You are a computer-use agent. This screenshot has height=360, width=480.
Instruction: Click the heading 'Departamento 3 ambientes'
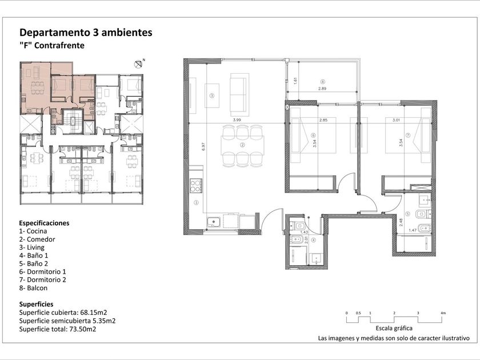pos(86,33)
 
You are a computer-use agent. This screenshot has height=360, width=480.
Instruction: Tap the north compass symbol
pos(139,64)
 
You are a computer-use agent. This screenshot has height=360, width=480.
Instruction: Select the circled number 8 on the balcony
pos(322,82)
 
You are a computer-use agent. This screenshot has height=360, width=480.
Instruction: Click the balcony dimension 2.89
pos(322,89)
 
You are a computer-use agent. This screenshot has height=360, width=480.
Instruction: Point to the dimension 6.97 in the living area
pos(203,146)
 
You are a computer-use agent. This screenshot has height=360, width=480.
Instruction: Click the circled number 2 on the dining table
pos(242,145)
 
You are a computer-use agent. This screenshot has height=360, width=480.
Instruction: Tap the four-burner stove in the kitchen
pos(196,186)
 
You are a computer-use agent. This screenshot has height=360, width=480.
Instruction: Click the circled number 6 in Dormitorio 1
pos(313,135)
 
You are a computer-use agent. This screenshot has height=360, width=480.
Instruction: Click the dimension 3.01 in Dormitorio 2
pos(396,120)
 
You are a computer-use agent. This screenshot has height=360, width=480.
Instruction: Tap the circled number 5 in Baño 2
pos(407,214)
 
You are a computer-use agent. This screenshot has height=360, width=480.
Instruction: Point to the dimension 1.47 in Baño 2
pos(413,230)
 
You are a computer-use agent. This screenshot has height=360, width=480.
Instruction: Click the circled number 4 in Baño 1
pos(313,241)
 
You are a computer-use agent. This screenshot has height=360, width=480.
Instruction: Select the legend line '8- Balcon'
pos(33,288)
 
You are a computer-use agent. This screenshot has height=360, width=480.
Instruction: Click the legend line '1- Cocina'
pos(33,231)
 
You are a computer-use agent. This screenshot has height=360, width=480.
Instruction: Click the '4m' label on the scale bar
pos(443,313)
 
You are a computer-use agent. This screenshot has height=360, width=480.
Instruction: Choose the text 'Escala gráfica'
pos(394,328)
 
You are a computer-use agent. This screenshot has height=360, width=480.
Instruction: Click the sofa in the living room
pos(239,93)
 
